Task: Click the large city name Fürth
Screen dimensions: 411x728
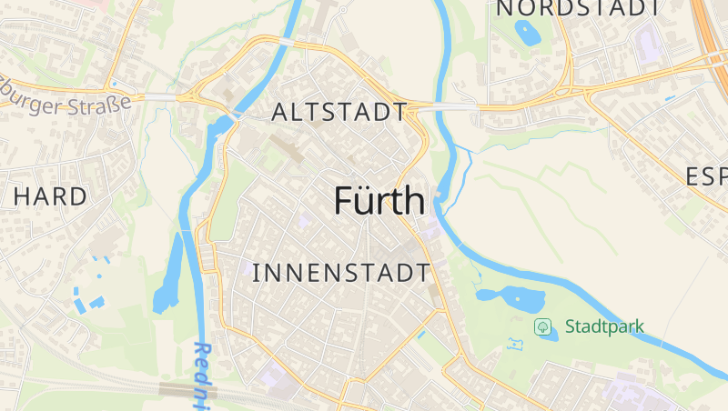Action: [x=379, y=201]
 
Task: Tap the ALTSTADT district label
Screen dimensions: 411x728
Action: [x=339, y=113]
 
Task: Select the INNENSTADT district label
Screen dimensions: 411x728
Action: [x=340, y=272]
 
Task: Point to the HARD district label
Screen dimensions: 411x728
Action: [x=51, y=195]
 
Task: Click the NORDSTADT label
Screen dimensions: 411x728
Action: [x=577, y=8]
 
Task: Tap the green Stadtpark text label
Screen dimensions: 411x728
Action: [x=604, y=326]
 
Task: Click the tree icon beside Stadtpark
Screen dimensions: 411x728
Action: [x=543, y=326]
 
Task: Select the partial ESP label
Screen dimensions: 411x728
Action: [x=706, y=176]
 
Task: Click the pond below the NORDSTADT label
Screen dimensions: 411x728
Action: [x=526, y=33]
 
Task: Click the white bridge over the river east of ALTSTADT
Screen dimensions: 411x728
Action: [x=446, y=106]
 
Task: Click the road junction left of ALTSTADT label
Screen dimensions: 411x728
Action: [x=194, y=95]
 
